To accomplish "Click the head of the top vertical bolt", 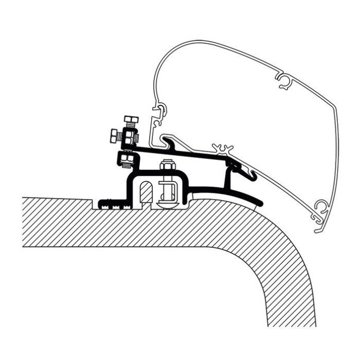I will (x=131, y=120).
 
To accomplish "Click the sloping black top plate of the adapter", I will (x=185, y=152).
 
